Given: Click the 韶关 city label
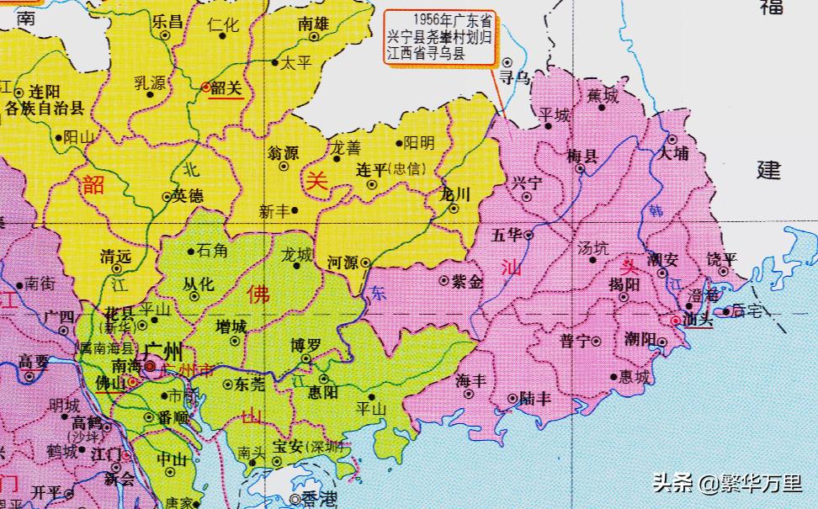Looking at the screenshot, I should click(226, 87).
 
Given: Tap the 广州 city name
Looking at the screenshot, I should click(165, 351).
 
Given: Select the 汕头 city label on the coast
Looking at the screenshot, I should click(698, 321).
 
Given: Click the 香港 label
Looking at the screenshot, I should click(319, 499).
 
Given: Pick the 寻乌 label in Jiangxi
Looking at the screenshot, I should click(515, 77).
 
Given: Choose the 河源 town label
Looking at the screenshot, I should click(343, 262).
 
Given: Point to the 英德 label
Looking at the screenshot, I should click(188, 197).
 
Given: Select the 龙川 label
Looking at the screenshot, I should click(455, 194).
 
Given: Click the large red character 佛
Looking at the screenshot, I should click(258, 295).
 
